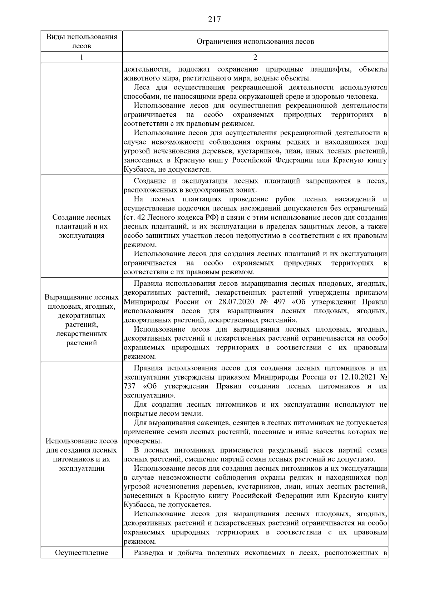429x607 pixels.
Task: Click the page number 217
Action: click(x=214, y=19)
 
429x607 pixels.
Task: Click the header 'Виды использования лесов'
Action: click(x=82, y=41)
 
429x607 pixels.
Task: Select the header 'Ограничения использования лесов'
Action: click(x=255, y=41)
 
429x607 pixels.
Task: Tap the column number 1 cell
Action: click(x=82, y=58)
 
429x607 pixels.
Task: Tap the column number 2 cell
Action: click(x=255, y=58)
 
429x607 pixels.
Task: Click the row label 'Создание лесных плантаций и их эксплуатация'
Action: click(x=82, y=226)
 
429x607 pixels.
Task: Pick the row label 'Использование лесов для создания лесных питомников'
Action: click(x=82, y=455)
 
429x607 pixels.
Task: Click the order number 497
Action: click(x=279, y=302)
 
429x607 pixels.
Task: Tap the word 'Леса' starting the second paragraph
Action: click(x=142, y=88)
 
